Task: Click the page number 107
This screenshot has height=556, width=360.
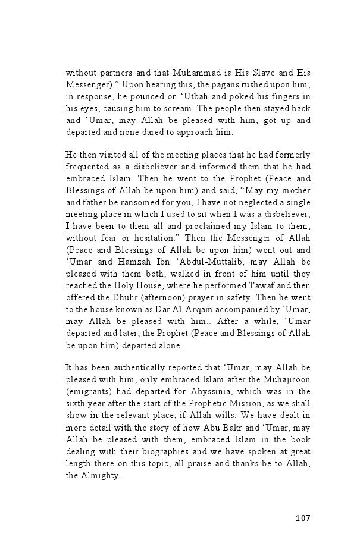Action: click(302, 518)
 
